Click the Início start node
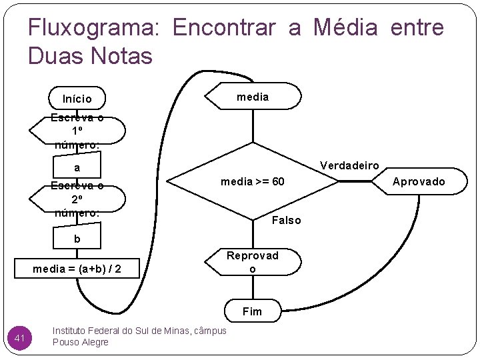[77, 99]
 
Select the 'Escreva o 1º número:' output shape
[77, 130]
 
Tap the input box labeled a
[77, 168]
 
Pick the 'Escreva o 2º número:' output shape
[77, 199]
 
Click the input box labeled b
[77, 239]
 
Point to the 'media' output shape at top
[253, 97]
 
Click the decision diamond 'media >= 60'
[253, 181]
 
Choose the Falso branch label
[287, 220]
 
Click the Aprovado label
[419, 181]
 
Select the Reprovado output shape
[253, 262]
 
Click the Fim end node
[253, 311]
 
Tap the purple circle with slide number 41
[20, 339]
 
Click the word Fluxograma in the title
[93, 28]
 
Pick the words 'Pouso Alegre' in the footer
[80, 342]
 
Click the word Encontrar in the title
[224, 28]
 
